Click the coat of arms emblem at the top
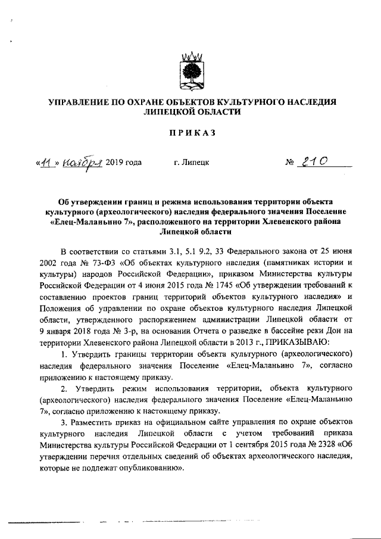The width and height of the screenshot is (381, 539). (192, 71)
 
